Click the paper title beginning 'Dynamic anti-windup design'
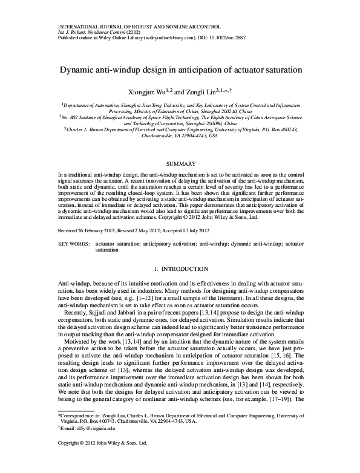point(180,70)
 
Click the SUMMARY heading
point(180,163)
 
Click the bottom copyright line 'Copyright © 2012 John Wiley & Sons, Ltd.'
point(102,461)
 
